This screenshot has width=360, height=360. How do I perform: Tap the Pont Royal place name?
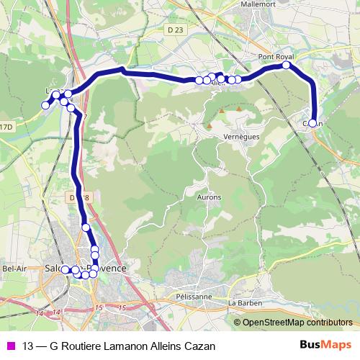[x=276, y=56]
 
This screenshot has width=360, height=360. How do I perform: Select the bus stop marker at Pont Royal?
[x=287, y=66]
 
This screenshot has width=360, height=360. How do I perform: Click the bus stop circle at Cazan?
[x=313, y=122]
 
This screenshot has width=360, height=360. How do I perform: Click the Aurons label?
[x=210, y=197]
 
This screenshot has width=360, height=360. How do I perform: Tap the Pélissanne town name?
[x=194, y=296]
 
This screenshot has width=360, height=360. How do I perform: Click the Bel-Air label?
[x=14, y=269]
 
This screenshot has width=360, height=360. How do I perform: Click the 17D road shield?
[x=6, y=127]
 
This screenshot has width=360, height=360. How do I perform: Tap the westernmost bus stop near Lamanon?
[x=45, y=105]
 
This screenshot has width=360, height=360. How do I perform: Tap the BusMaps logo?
[x=325, y=345]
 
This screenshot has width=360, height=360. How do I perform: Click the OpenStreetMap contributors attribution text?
[x=297, y=322]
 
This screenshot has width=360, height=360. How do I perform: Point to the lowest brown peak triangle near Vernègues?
[x=209, y=126]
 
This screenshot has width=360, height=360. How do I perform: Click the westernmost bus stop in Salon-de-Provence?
[x=65, y=269]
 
